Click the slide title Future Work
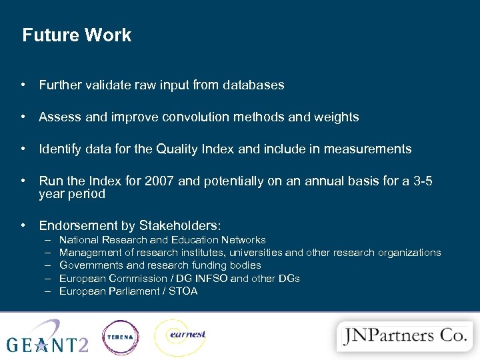77,35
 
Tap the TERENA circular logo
120,337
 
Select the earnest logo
179,337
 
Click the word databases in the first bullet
253,85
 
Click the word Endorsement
80,226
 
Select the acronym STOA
183,291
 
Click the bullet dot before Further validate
23,85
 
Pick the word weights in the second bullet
337,117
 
